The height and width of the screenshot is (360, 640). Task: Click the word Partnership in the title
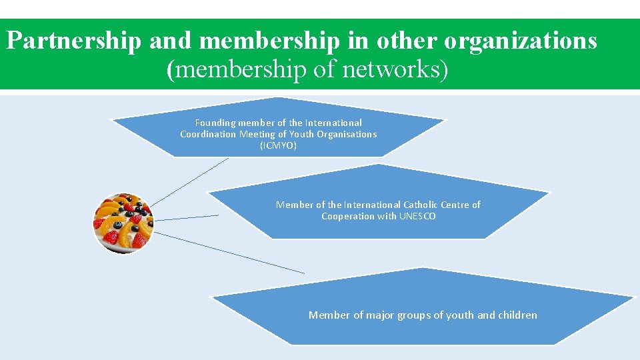(x=73, y=41)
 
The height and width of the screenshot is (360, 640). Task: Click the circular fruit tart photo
(x=123, y=223)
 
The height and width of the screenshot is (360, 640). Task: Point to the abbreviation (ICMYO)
(x=278, y=145)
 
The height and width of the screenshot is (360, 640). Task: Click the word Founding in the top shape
(x=215, y=123)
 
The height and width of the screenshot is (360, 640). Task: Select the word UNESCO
(x=417, y=216)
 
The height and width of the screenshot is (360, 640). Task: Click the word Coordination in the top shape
(x=208, y=134)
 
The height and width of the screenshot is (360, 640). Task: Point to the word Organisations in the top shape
(x=347, y=134)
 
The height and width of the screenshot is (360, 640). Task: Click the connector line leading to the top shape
(x=188, y=181)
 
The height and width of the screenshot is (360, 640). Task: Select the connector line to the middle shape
(x=187, y=217)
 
